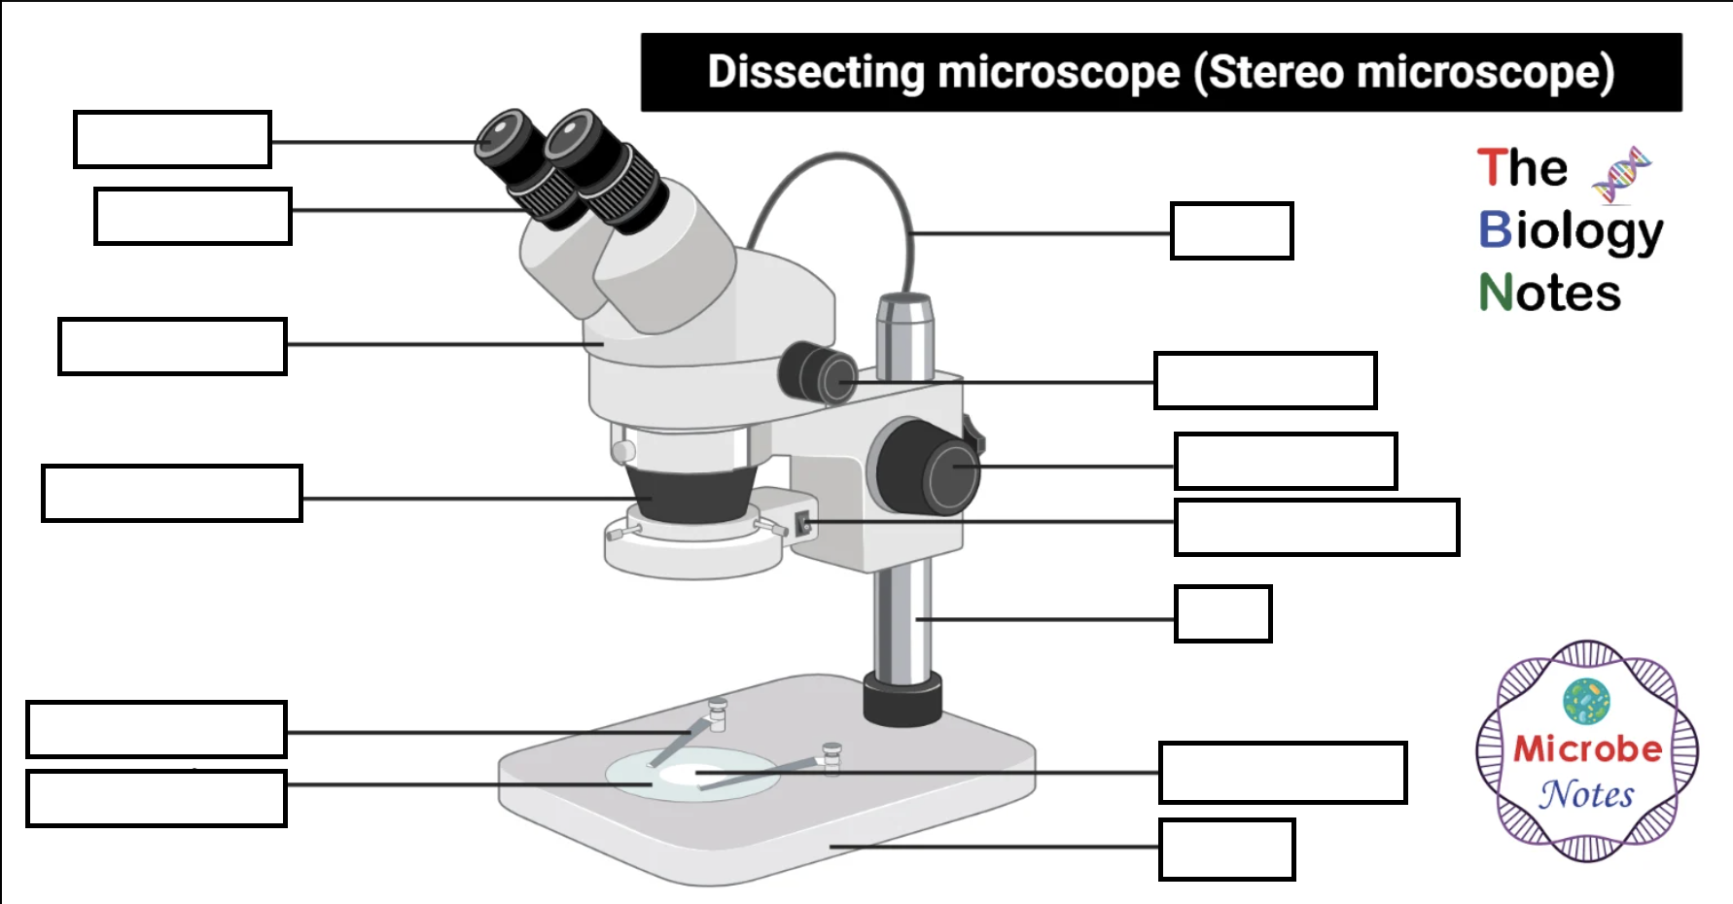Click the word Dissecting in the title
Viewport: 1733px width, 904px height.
point(815,73)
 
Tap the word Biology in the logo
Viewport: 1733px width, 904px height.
point(1570,231)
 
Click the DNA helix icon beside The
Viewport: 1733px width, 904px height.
point(1620,174)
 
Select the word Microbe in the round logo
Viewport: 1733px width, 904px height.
point(1587,748)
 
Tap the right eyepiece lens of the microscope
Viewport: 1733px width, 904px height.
point(572,134)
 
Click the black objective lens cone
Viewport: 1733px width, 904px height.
point(692,494)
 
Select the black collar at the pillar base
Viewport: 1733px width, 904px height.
point(902,698)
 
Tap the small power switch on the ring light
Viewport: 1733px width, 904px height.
point(803,524)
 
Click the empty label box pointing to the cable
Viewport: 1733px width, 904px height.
point(1231,231)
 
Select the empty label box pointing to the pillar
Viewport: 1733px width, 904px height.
point(1222,613)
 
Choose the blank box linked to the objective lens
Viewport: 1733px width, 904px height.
point(172,494)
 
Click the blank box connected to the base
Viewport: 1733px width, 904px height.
point(1226,850)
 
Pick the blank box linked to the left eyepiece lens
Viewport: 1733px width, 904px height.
point(172,140)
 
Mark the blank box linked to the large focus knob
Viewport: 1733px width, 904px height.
point(1285,462)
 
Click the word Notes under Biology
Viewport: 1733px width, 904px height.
point(1550,293)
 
